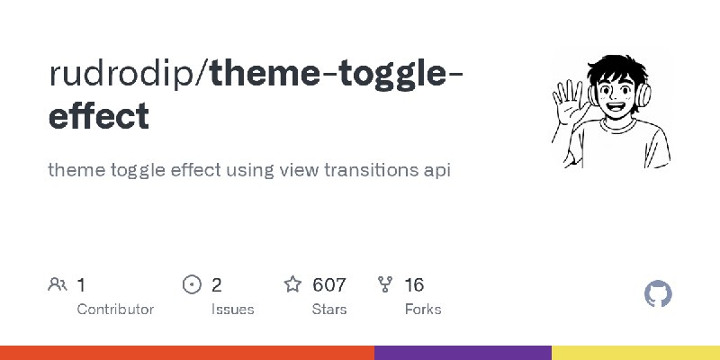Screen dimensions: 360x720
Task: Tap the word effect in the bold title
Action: coord(98,117)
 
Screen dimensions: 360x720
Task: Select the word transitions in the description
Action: coord(363,169)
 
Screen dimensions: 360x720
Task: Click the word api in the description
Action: coord(435,169)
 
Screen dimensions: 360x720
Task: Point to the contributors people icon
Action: coord(57,285)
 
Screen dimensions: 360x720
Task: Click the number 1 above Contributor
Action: coord(82,285)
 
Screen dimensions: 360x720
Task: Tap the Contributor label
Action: coord(115,309)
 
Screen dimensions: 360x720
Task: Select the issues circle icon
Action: coord(191,285)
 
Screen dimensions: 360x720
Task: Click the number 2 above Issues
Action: coord(217,285)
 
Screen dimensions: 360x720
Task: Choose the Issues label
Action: coord(233,309)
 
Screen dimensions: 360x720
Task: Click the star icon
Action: coord(292,285)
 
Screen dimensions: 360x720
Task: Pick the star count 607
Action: coord(329,285)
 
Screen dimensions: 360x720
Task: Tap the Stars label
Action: coord(329,309)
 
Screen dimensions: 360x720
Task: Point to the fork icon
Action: coord(386,285)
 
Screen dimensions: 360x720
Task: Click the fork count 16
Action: coord(414,285)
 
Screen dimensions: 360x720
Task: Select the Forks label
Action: coord(423,309)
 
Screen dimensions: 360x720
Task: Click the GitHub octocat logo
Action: coord(659,294)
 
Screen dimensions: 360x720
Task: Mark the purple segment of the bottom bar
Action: coord(463,353)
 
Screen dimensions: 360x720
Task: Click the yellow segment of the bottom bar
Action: coord(635,353)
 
